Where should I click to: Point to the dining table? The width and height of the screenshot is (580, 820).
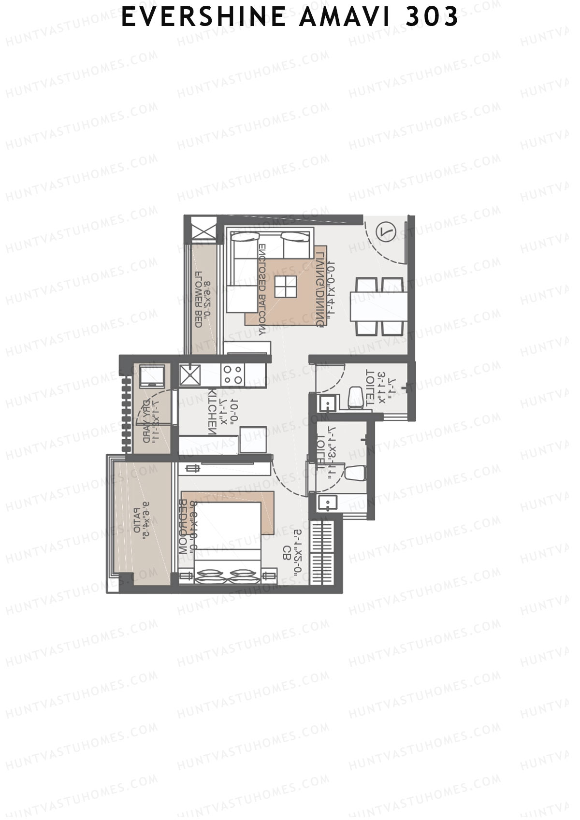pos(380,306)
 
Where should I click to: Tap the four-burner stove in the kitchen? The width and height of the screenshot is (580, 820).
pos(232,374)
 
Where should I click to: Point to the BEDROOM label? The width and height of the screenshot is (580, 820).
pos(183,527)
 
